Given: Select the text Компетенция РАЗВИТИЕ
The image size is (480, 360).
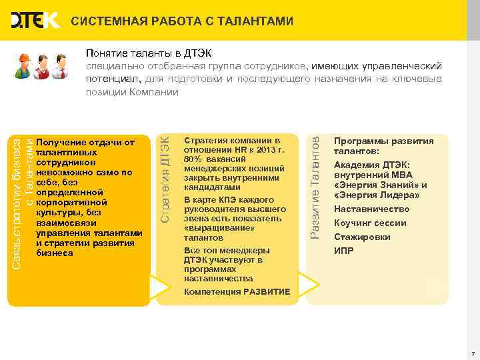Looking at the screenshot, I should pyautogui.click(x=237, y=292).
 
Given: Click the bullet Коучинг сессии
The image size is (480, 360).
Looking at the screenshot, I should pyautogui.click(x=370, y=223).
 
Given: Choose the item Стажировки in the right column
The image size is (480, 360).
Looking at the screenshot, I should pyautogui.click(x=362, y=237).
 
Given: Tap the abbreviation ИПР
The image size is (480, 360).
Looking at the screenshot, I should pyautogui.click(x=343, y=251).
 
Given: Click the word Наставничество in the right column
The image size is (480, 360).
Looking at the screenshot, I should pyautogui.click(x=371, y=209).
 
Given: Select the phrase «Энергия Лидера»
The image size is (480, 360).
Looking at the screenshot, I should pyautogui.click(x=377, y=195).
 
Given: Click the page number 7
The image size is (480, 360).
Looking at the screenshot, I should pyautogui.click(x=472, y=353).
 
